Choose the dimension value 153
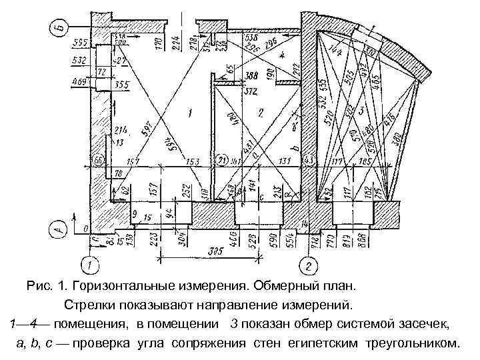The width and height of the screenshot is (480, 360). click(193, 162)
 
